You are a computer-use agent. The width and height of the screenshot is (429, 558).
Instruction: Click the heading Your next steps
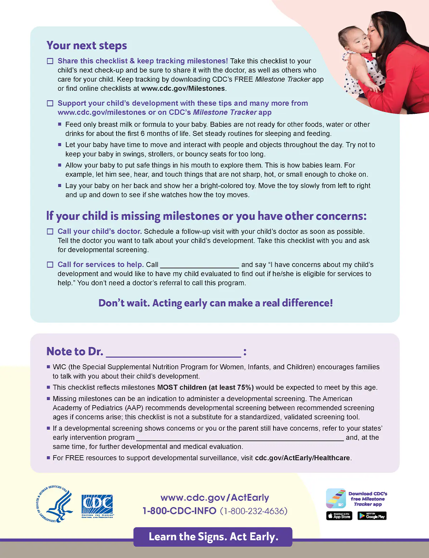[x=87, y=46]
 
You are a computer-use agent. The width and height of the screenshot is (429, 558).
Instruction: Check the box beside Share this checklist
[x=50, y=61]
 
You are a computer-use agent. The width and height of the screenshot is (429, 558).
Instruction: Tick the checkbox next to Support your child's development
[x=50, y=103]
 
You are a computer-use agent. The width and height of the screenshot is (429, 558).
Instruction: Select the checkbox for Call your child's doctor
[x=50, y=232]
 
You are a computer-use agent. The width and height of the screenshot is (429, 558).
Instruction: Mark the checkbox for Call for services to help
[x=50, y=265]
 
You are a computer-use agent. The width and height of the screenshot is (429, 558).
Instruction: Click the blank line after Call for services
[x=199, y=265]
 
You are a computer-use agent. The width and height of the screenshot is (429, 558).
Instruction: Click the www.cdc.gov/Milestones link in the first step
[x=183, y=89]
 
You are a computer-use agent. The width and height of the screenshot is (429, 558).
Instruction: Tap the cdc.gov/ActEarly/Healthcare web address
[x=302, y=458]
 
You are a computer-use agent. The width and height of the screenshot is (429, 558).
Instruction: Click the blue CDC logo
[x=97, y=506]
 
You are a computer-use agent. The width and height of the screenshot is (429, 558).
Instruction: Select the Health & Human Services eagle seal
[x=55, y=504]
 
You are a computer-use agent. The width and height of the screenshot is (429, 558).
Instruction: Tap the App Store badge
[x=339, y=516]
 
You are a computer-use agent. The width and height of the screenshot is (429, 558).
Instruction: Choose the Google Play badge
[x=372, y=516]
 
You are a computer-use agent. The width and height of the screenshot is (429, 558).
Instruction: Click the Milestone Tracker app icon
[x=336, y=498]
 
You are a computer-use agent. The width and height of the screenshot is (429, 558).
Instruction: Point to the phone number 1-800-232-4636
[x=254, y=511]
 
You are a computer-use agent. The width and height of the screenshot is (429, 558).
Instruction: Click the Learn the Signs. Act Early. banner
[x=213, y=537]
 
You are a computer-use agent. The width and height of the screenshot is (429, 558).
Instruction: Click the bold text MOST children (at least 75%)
[x=205, y=387]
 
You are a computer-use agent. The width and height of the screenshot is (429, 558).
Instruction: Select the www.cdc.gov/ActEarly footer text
[x=214, y=498]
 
